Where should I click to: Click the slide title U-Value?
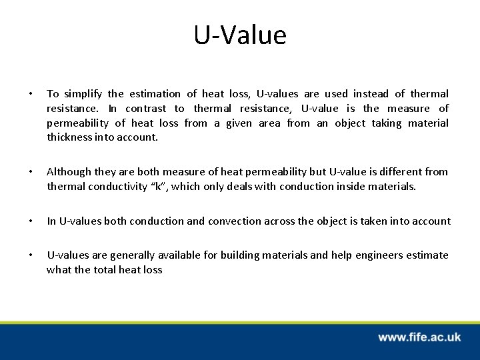click(x=240, y=35)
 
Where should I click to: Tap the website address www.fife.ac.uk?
click(x=419, y=338)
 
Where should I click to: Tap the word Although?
click(x=68, y=172)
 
